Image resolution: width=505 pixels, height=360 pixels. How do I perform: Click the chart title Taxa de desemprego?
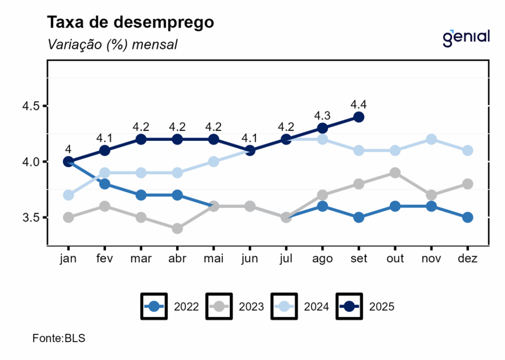130,22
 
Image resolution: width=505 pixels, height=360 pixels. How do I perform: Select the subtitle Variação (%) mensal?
112,44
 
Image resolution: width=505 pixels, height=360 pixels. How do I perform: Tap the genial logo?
466,37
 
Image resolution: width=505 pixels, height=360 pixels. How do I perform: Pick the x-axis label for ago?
323,259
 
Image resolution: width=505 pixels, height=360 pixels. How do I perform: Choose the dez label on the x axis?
468,259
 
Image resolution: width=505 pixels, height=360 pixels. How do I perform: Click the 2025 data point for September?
359,117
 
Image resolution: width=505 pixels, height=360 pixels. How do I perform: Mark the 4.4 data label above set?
359,104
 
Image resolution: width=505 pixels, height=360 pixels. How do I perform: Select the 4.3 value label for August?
323,115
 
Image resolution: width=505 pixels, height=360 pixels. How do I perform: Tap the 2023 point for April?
178,228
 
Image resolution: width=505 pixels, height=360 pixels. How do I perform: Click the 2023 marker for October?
395,173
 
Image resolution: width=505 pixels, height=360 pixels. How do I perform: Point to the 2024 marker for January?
69,195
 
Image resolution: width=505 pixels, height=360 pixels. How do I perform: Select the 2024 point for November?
431,140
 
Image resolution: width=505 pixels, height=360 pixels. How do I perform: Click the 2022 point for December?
468,217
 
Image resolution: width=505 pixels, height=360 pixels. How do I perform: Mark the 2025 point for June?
250,150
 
